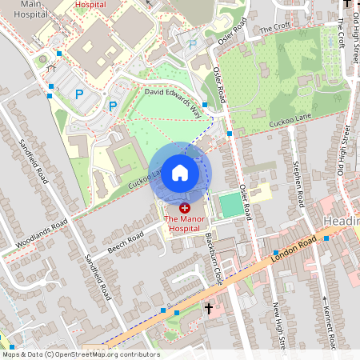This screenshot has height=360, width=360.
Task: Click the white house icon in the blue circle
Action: [x=180, y=173]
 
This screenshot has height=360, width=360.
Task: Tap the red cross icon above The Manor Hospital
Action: [x=185, y=208]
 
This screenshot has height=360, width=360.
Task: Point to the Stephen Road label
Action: [x=297, y=187]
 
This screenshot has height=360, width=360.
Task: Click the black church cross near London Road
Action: [x=209, y=308]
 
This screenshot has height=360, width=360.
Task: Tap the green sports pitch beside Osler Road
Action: [x=230, y=204]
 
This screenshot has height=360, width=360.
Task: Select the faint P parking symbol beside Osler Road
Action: [x=193, y=43]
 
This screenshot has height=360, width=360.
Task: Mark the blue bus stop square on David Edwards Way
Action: [x=205, y=105]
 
